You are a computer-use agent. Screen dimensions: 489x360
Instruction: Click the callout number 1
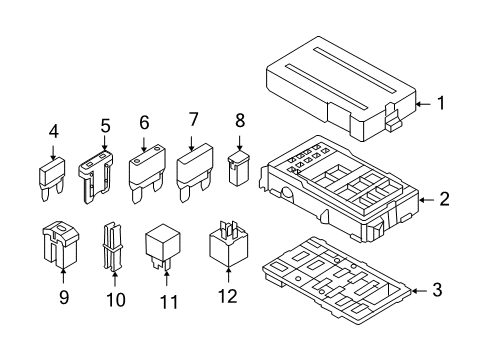[441, 103]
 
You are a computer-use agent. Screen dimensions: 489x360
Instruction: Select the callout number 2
[444, 199]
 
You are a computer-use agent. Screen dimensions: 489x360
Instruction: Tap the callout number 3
[437, 290]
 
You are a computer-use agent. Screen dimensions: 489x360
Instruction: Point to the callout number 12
[228, 296]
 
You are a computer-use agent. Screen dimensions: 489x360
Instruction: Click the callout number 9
[64, 297]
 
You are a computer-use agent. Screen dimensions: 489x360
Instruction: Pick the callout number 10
[116, 300]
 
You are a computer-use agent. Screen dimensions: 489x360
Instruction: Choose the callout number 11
[169, 302]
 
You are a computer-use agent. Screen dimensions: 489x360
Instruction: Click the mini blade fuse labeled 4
[51, 179]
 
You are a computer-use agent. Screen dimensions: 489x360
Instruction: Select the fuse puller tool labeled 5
[95, 177]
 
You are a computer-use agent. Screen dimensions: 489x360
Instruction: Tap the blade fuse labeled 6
[147, 173]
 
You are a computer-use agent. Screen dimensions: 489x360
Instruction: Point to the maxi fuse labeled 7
[195, 172]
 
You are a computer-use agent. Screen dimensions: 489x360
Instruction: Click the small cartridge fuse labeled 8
[239, 168]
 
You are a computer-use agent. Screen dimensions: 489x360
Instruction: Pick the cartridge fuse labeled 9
[60, 244]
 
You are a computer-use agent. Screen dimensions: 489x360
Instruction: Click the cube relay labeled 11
[162, 246]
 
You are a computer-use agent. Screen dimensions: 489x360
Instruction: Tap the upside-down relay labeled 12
[228, 244]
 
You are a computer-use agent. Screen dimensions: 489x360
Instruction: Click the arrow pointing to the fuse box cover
[424, 104]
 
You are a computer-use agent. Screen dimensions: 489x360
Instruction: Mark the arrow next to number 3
[419, 291]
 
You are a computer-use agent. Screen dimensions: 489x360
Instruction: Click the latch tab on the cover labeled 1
[393, 118]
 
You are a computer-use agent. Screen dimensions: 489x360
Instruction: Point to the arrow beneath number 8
[239, 143]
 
